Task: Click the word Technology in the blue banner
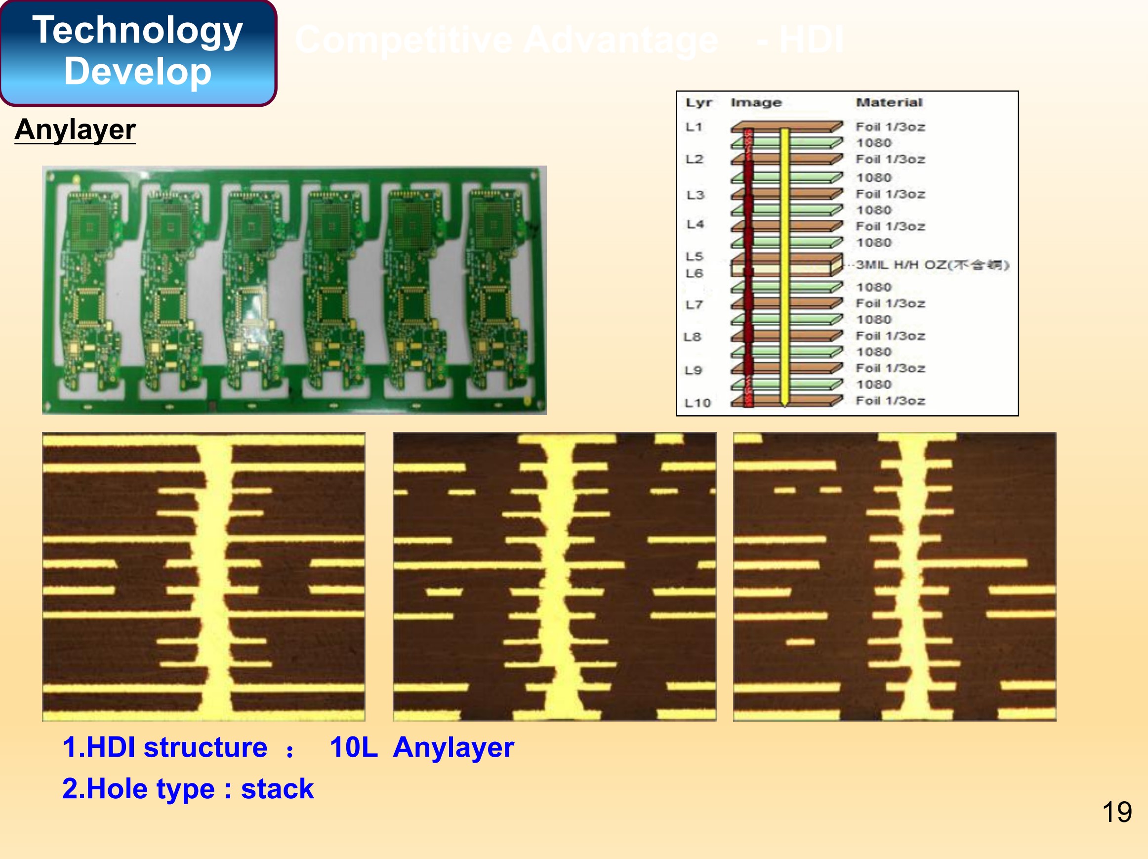point(137,30)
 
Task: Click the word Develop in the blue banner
point(137,71)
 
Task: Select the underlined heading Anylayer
point(75,129)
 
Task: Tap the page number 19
point(1116,812)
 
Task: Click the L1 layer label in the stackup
point(694,127)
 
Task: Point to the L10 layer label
point(697,402)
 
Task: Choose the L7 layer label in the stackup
point(694,305)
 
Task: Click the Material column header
point(889,102)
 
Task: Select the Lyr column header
point(698,102)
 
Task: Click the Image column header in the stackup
point(756,102)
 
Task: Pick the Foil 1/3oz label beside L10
point(890,400)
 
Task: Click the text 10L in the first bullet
point(353,747)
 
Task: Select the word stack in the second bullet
point(277,789)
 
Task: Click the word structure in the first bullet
point(205,747)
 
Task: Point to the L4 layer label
point(695,224)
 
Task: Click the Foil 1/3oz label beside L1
point(890,127)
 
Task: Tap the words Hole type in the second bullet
point(151,789)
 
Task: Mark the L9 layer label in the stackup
point(694,370)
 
